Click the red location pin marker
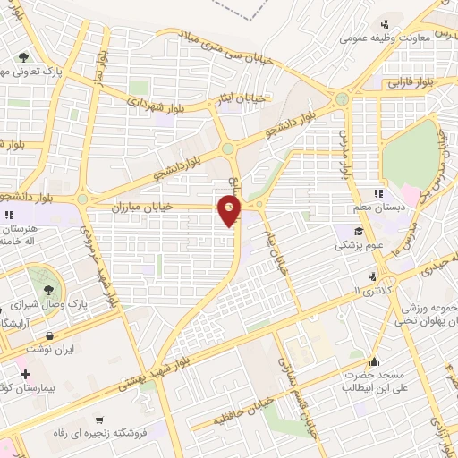231,211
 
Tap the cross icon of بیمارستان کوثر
25,373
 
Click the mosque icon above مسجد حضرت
374,361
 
